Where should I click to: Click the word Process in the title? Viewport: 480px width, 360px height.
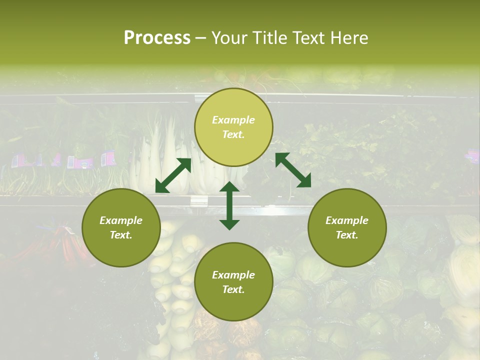(157, 38)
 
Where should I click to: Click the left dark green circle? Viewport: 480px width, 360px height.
(121, 227)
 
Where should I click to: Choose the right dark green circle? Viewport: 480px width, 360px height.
(347, 227)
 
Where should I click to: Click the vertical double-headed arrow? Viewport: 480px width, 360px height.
(229, 205)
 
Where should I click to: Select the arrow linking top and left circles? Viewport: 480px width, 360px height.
(173, 175)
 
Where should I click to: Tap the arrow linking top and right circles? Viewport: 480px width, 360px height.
(293, 170)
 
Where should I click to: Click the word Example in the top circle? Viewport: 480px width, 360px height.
(233, 120)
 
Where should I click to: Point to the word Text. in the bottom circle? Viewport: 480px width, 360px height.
(233, 289)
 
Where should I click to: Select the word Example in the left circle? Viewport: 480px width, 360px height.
(121, 220)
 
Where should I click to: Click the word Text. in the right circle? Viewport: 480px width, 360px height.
(347, 235)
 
